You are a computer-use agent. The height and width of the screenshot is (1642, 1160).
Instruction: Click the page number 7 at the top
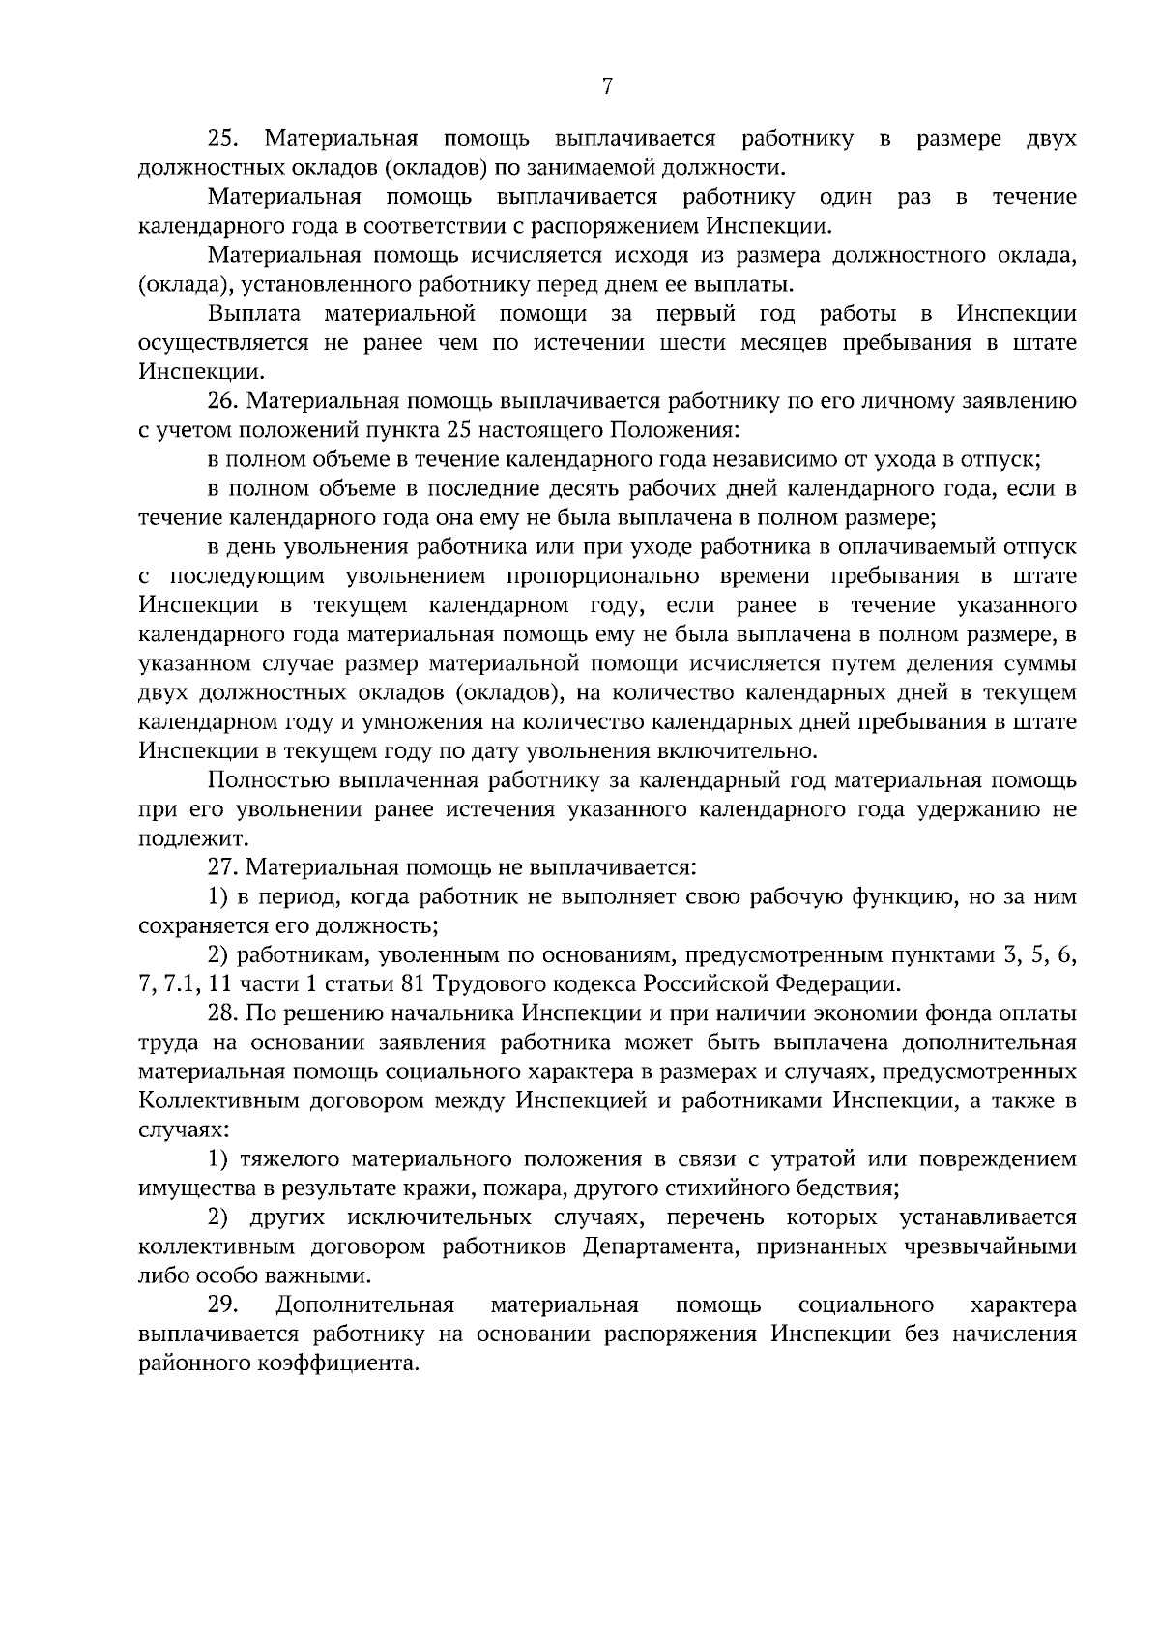pyautogui.click(x=607, y=88)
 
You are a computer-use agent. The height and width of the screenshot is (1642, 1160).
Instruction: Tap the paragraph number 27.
pyautogui.click(x=223, y=867)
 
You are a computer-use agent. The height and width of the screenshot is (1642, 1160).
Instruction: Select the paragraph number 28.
pyautogui.click(x=223, y=1013)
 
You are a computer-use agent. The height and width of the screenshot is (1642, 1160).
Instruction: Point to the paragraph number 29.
pyautogui.click(x=223, y=1305)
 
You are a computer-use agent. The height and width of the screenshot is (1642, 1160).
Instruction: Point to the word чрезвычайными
pyautogui.click(x=991, y=1247)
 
